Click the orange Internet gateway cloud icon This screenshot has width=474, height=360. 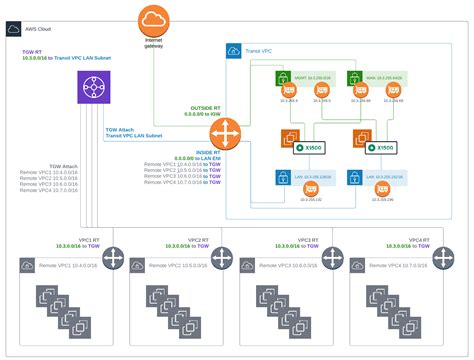[154, 19]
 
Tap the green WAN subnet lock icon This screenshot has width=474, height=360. [355, 77]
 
